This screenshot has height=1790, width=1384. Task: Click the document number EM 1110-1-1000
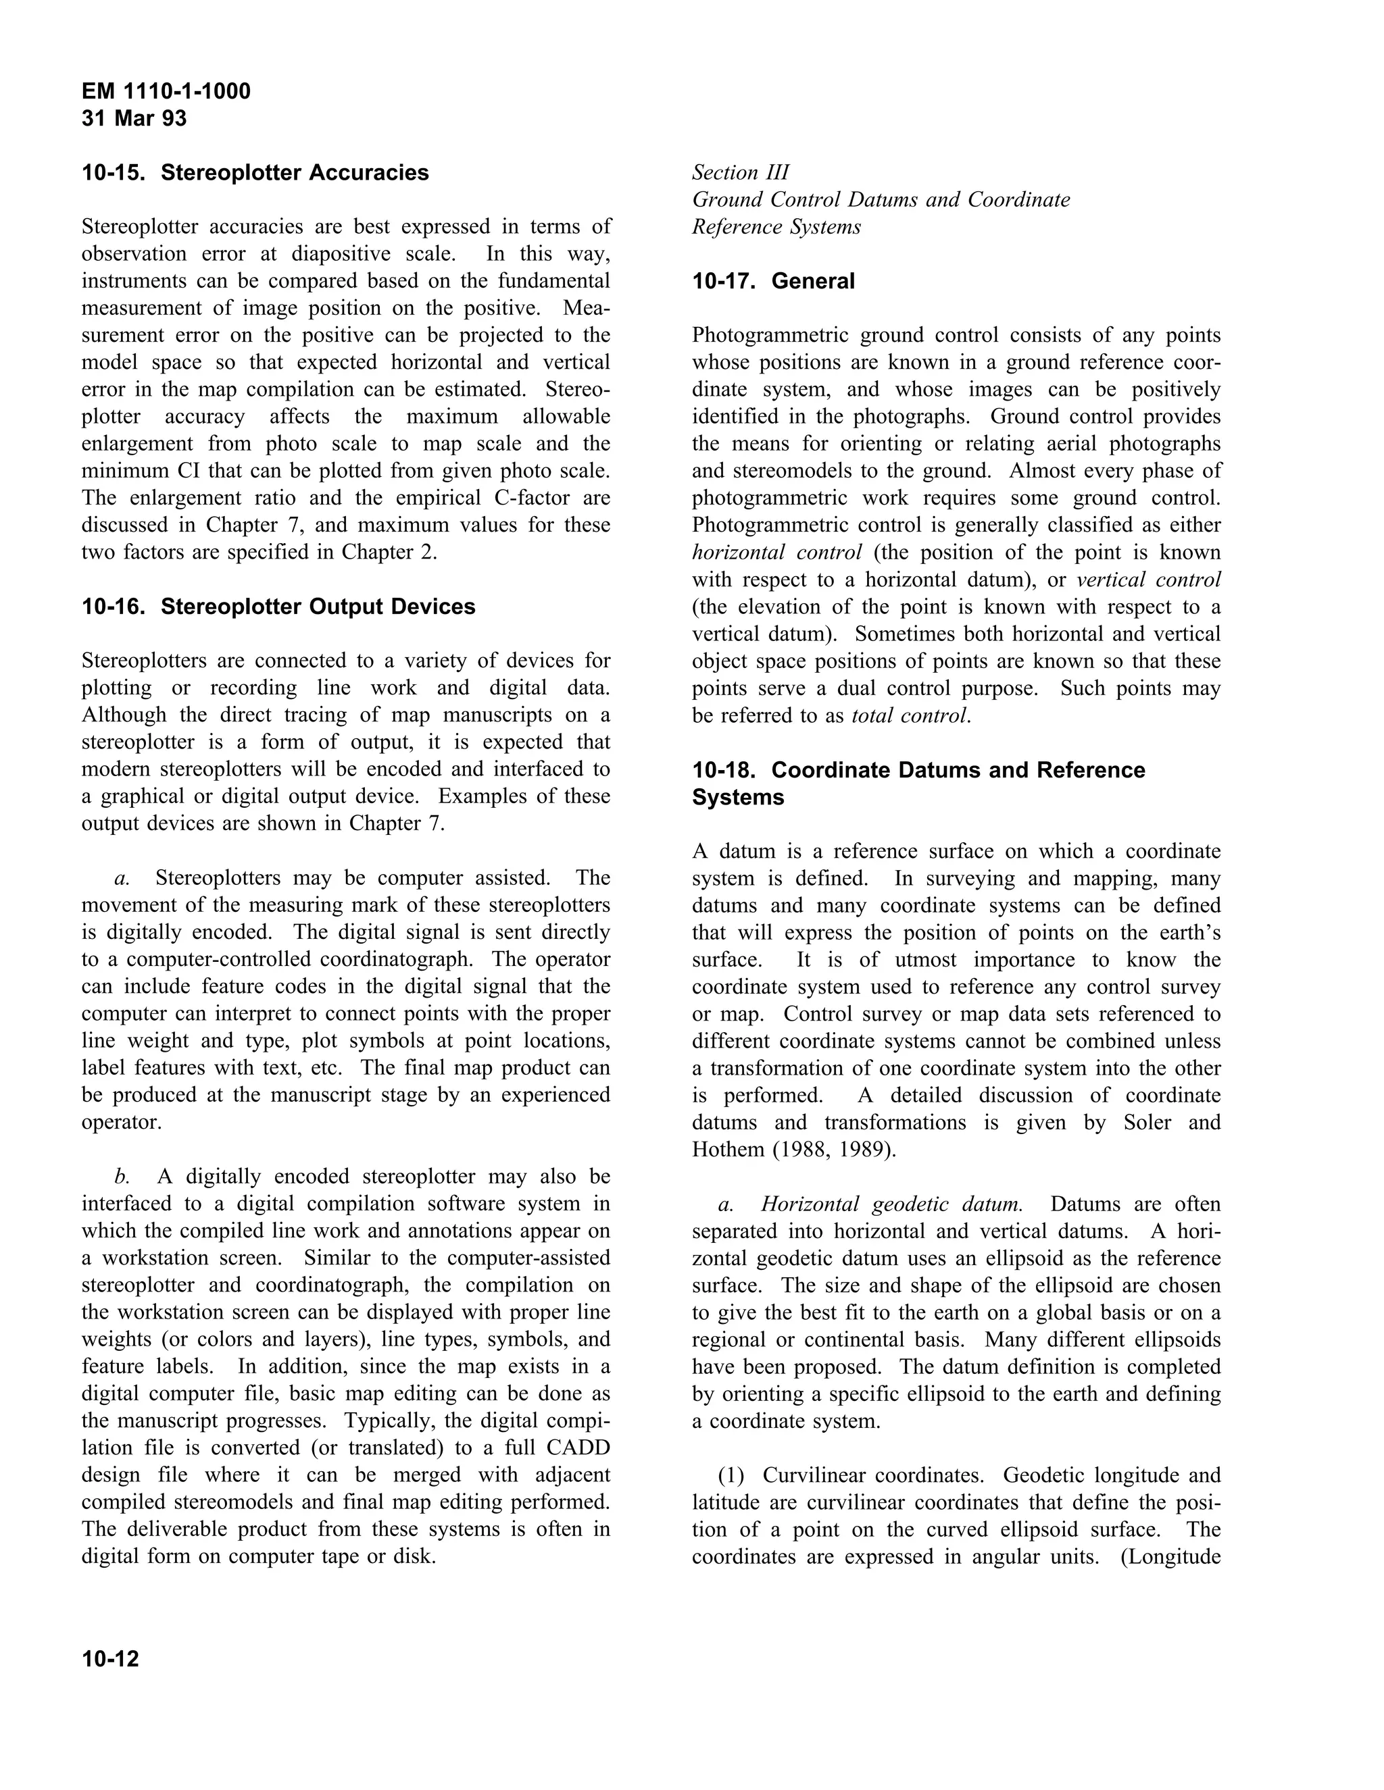[x=166, y=91]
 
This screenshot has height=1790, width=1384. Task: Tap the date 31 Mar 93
[x=134, y=119]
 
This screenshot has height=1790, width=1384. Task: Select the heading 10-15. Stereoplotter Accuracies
[x=255, y=173]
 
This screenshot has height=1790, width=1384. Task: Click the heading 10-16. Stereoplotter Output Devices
[x=278, y=607]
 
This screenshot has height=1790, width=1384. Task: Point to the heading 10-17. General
[x=772, y=281]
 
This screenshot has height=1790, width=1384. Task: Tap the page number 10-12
[x=110, y=1660]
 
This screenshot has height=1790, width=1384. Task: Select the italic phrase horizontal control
[x=776, y=553]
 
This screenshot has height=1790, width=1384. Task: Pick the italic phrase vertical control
[x=1148, y=580]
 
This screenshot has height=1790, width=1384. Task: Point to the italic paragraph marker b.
[x=122, y=1177]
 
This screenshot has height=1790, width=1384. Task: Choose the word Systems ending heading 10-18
[x=737, y=798]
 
